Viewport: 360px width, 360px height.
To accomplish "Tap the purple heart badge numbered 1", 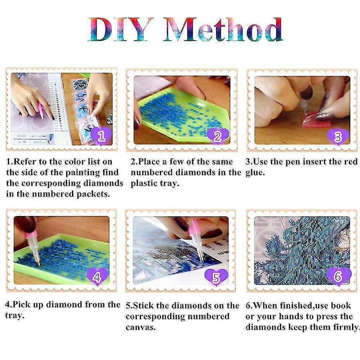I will [x=101, y=136].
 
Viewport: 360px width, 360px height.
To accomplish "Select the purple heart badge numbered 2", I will [x=217, y=136].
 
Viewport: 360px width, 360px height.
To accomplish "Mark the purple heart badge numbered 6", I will [x=338, y=276].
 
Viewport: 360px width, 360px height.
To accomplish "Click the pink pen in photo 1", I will [x=41, y=110].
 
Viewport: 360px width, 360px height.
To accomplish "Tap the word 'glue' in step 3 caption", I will [x=255, y=172].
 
